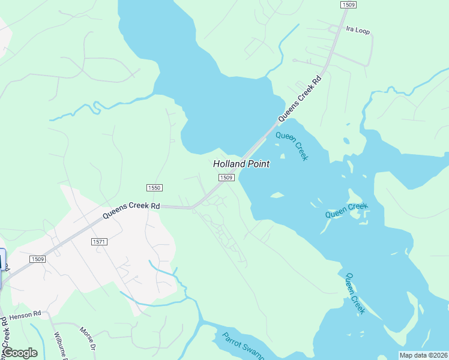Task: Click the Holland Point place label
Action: click(x=241, y=164)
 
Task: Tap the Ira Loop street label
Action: click(x=358, y=29)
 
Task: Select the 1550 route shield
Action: click(x=154, y=188)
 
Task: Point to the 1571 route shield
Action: click(x=99, y=241)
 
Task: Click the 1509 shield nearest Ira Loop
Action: click(x=348, y=5)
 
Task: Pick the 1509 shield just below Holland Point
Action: click(x=226, y=178)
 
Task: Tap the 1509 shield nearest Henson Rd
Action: click(x=38, y=259)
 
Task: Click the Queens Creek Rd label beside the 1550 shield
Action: click(x=131, y=209)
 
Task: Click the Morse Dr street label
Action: click(x=88, y=338)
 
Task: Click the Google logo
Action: click(x=19, y=353)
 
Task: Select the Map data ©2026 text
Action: click(x=424, y=355)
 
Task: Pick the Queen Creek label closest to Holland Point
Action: click(x=292, y=146)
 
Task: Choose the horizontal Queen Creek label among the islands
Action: click(x=346, y=211)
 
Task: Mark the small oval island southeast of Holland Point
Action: click(x=277, y=195)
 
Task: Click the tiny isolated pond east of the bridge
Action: click(x=346, y=142)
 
